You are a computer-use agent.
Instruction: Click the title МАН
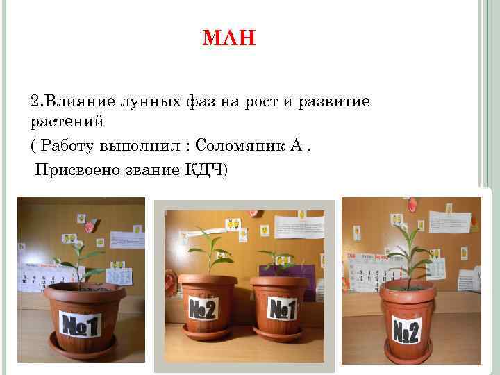229,37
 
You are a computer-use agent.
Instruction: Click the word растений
67,122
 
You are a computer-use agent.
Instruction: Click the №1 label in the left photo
81,324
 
